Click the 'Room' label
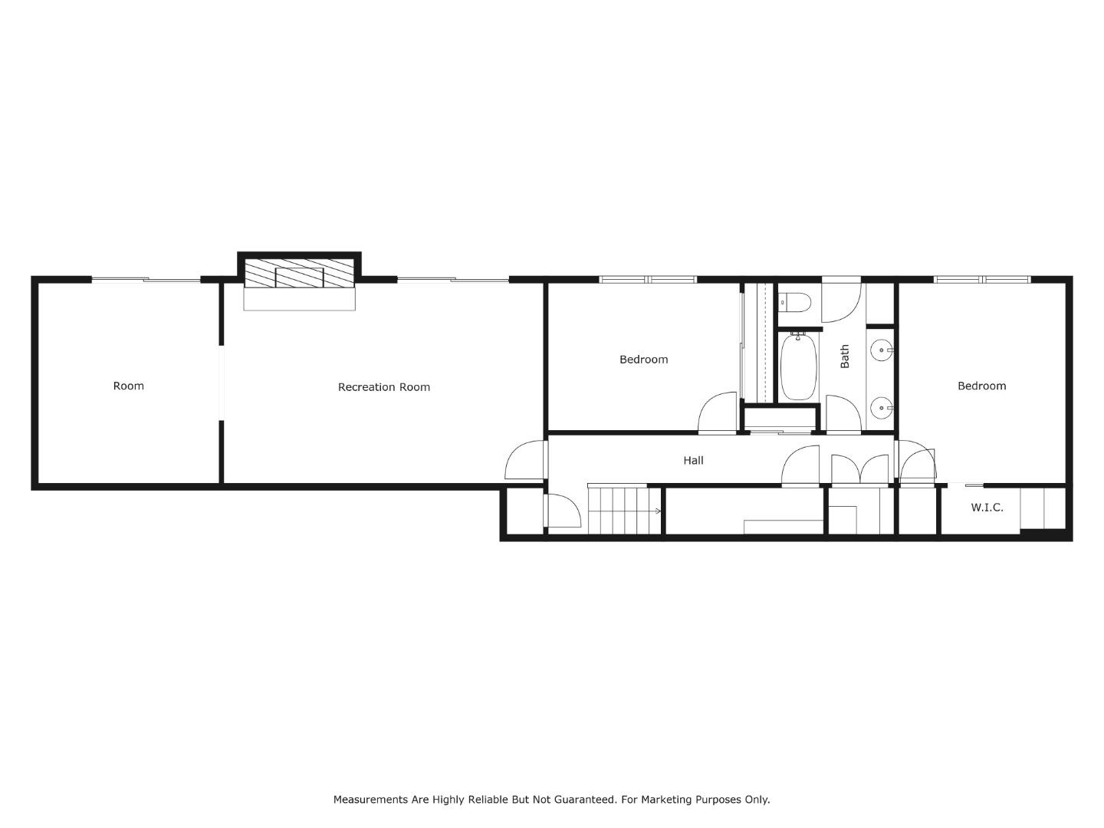128,386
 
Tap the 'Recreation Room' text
383,387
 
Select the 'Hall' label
693,460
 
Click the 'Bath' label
845,356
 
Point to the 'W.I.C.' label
987,508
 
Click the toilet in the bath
797,303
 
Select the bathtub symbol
798,366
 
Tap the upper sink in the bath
882,350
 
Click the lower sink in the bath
882,407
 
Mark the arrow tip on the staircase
659,511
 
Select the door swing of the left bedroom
717,414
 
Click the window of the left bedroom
648,279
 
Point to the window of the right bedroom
982,279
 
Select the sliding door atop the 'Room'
146,280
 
